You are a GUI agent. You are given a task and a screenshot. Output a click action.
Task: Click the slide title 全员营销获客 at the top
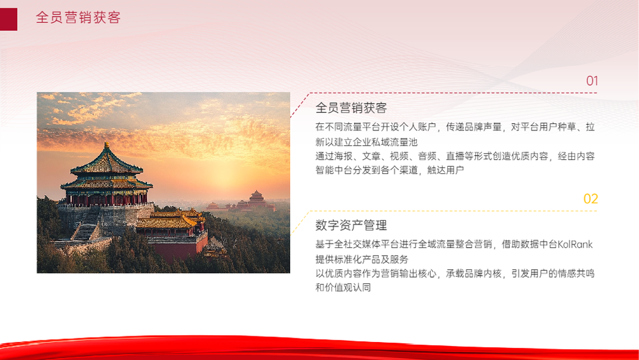(x=78, y=17)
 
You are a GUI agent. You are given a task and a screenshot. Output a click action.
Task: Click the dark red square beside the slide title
(x=8, y=19)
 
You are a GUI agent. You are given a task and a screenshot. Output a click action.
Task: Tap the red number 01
(x=592, y=81)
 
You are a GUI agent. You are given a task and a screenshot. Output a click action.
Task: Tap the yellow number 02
(x=590, y=199)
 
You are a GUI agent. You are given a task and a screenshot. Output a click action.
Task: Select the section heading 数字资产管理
(x=351, y=226)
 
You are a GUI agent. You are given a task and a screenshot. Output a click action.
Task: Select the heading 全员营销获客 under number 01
(x=351, y=108)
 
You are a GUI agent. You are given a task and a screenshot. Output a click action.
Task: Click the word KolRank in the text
(x=574, y=244)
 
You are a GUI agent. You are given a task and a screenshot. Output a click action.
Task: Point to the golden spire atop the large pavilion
(x=106, y=145)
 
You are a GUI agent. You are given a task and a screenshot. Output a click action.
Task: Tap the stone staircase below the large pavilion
(x=85, y=231)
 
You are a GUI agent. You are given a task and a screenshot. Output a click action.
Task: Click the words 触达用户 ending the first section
(x=445, y=170)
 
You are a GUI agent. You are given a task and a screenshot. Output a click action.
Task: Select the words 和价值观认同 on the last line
(x=343, y=288)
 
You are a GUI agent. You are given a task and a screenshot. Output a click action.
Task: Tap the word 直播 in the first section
(x=455, y=156)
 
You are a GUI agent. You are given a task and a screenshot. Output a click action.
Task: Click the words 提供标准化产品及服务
(x=362, y=260)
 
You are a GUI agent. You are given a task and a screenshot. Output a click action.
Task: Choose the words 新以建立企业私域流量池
(x=366, y=142)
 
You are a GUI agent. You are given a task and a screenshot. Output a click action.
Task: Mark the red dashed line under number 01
(x=443, y=93)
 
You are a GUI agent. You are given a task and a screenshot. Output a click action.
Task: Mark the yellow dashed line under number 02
(x=443, y=211)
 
